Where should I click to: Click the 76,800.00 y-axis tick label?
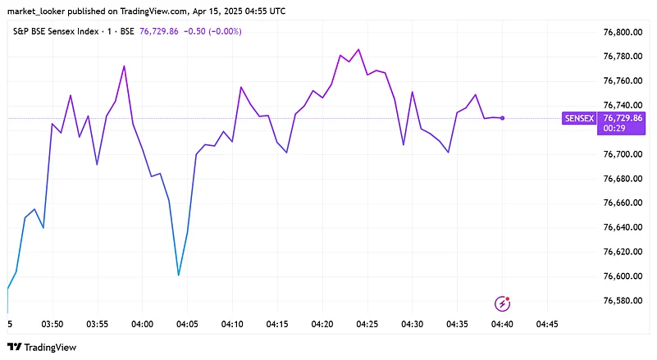pyautogui.click(x=622, y=32)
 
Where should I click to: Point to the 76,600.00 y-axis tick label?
pyautogui.click(x=622, y=276)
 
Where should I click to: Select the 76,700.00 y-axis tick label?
pyautogui.click(x=622, y=154)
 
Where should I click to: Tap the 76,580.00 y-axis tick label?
pyautogui.click(x=622, y=301)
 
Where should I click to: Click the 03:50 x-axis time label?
pyautogui.click(x=52, y=325)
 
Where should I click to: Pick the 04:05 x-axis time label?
pyautogui.click(x=188, y=325)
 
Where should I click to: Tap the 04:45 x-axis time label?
pyautogui.click(x=547, y=325)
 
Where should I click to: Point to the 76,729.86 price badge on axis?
pyautogui.click(x=623, y=118)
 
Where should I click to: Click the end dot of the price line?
pyautogui.click(x=502, y=118)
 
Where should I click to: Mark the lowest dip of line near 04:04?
pyautogui.click(x=179, y=275)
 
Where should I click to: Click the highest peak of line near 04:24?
pyautogui.click(x=358, y=49)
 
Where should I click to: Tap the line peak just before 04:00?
pyautogui.click(x=124, y=66)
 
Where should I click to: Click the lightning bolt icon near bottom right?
pyautogui.click(x=503, y=304)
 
